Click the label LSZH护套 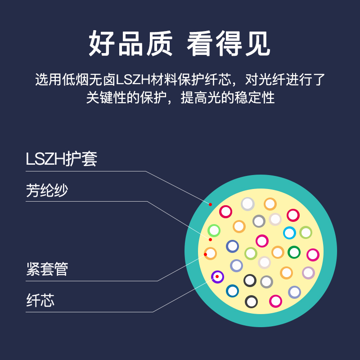pos(61,159)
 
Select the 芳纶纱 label pos(47,190)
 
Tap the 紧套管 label pos(47,269)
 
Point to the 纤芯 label pos(40,300)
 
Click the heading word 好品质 pos(130,43)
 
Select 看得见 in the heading pos(229,43)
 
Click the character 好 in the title pos(102,43)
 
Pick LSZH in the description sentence pos(133,80)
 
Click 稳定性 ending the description pos(255,98)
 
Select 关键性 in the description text pos(106,98)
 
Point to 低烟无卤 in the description pos(89,80)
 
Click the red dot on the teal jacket pos(210,204)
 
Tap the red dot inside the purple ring pos(217,276)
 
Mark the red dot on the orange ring pos(206,254)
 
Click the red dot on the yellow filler pos(210,240)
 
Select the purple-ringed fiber pos(217,277)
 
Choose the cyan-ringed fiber pos(289,233)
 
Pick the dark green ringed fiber pos(294,252)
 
